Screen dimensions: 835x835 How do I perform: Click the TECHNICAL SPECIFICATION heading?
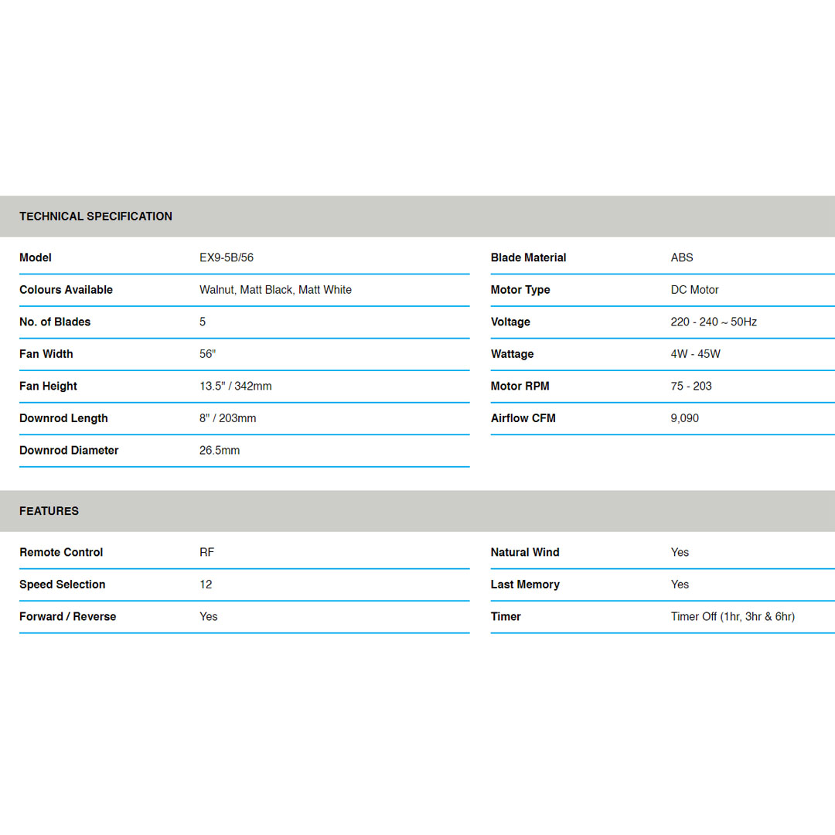tap(96, 216)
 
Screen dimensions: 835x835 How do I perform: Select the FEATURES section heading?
tap(49, 511)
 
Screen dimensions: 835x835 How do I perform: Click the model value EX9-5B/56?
tap(226, 257)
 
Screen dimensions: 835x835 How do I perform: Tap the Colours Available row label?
tap(66, 290)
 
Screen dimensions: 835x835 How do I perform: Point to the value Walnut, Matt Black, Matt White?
tap(275, 290)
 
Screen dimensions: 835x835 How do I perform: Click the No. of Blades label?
tap(55, 322)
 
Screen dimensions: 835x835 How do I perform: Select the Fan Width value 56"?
tap(207, 354)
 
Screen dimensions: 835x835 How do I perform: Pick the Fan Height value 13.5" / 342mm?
tap(235, 386)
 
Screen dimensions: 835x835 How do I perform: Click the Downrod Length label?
tap(63, 418)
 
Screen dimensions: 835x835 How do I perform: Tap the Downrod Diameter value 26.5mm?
tap(220, 450)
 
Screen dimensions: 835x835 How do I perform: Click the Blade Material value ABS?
tap(682, 257)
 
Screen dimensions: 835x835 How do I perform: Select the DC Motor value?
tap(694, 290)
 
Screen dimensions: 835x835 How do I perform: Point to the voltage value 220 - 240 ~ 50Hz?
tap(714, 322)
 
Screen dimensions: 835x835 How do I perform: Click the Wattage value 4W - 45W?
tap(695, 354)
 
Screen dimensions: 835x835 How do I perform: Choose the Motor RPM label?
tap(520, 386)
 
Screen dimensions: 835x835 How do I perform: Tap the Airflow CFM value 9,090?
tap(684, 418)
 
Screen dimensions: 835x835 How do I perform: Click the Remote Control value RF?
tap(206, 552)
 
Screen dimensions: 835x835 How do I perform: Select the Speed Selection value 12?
tap(206, 584)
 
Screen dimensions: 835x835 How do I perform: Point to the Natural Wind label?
tap(524, 552)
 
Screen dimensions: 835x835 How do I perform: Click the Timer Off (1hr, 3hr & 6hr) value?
tap(732, 616)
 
